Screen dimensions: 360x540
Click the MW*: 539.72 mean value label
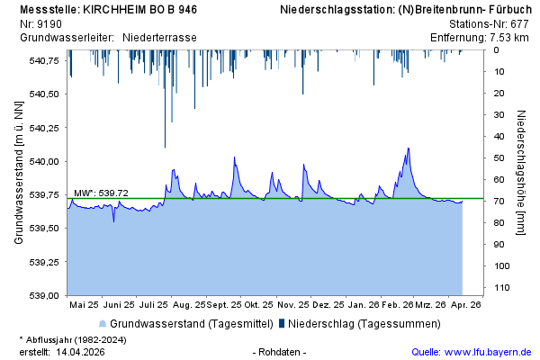pyautogui.click(x=101, y=193)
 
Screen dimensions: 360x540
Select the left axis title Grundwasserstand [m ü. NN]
pyautogui.click(x=19, y=171)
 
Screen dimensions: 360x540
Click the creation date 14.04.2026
pyautogui.click(x=80, y=351)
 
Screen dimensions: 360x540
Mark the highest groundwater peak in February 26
pyautogui.click(x=408, y=148)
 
